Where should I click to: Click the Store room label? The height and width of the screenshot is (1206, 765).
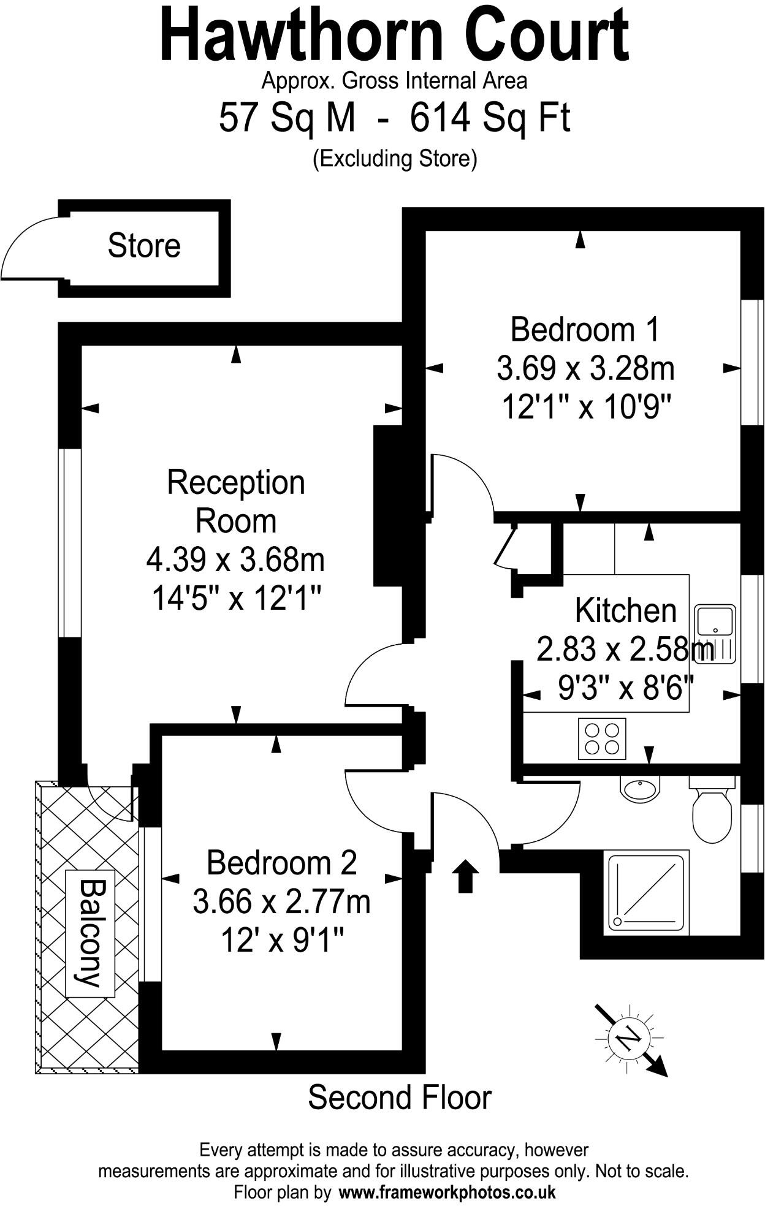click(144, 246)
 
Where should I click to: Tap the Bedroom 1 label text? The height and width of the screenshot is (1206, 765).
click(585, 330)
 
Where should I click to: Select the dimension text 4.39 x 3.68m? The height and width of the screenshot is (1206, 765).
click(235, 559)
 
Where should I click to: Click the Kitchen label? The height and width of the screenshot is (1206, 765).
click(625, 610)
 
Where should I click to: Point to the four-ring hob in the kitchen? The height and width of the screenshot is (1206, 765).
click(602, 738)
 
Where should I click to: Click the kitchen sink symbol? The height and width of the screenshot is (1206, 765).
click(715, 634)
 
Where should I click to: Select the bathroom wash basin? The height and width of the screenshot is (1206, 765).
click(640, 788)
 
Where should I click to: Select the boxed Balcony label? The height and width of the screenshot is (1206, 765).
click(89, 933)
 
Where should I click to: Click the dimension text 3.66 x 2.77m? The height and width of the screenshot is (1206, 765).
click(281, 902)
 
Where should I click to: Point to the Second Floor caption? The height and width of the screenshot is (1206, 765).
click(400, 1098)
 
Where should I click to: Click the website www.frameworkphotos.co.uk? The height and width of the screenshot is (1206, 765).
click(447, 1192)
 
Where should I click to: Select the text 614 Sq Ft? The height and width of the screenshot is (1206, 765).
click(490, 118)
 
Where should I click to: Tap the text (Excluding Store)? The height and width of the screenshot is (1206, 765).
click(395, 158)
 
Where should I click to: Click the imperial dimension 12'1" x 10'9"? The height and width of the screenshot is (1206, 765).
click(586, 406)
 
